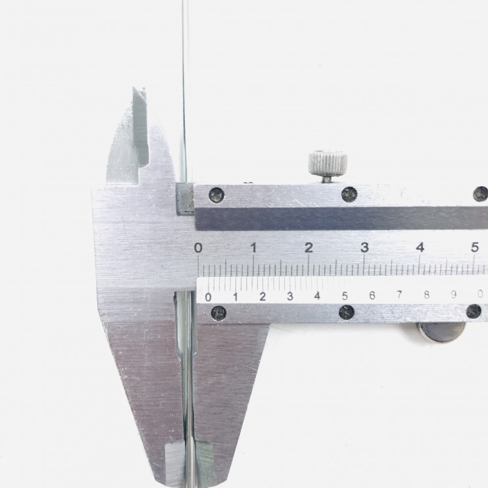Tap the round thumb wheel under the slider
pyautogui.click(x=441, y=331)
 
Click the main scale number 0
pyautogui.click(x=198, y=248)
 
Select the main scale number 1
pyautogui.click(x=254, y=248)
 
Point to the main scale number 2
pyautogui.click(x=308, y=248)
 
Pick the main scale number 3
pyautogui.click(x=364, y=248)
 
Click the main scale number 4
pyautogui.click(x=420, y=248)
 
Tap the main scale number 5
pyautogui.click(x=475, y=247)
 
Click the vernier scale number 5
pyautogui.click(x=345, y=296)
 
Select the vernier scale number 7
pyautogui.click(x=399, y=295)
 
